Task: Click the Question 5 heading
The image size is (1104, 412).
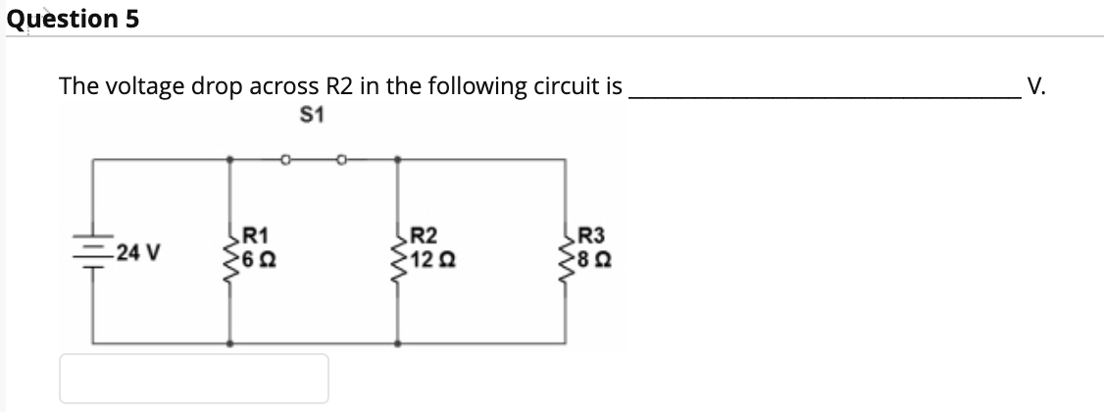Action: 73,19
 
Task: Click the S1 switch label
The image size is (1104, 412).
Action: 314,116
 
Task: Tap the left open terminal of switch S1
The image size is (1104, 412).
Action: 285,157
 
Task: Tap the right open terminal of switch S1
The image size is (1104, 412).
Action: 342,157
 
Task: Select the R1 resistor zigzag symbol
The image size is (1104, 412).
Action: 231,250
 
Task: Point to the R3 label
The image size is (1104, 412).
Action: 593,235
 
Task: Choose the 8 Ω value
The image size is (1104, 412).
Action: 595,261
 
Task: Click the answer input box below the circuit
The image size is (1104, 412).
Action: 194,378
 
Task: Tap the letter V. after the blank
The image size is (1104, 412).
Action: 1036,85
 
